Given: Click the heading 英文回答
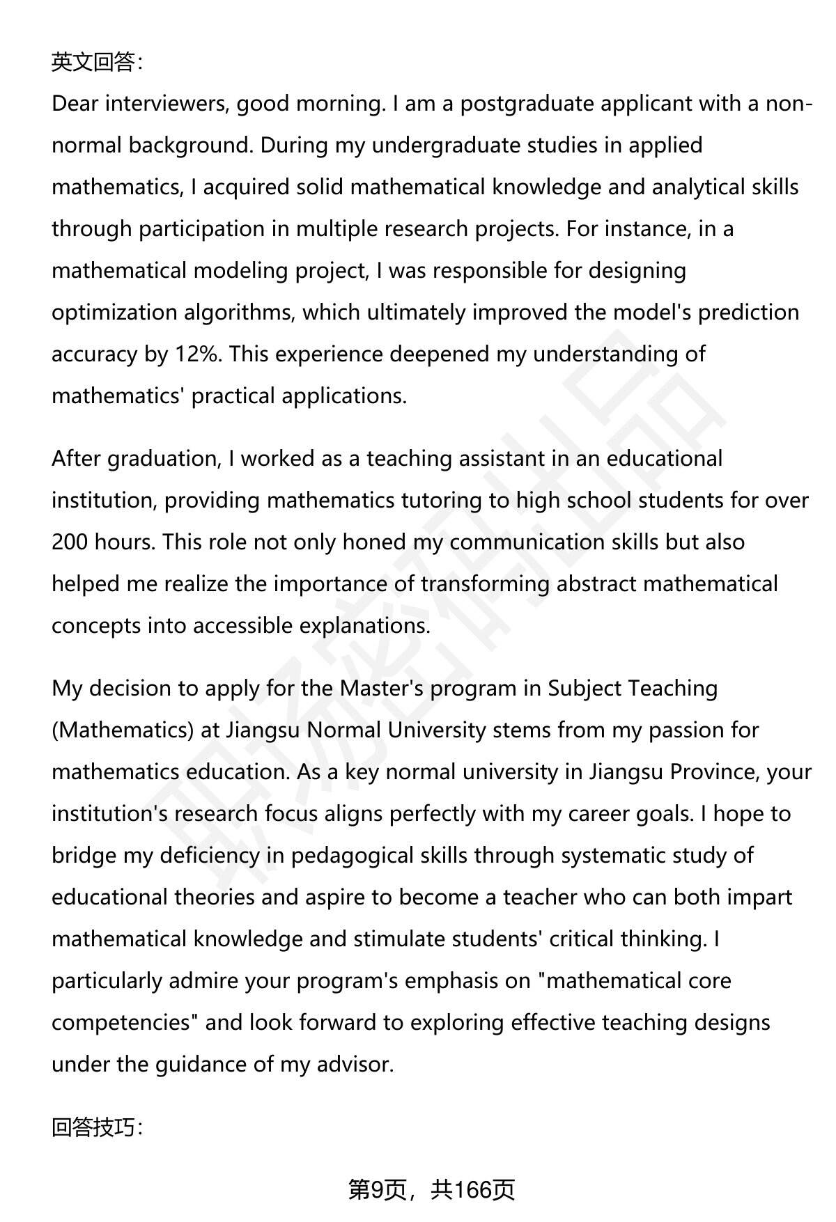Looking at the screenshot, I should coord(96,63).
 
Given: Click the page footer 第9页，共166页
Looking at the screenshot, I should coord(431,1190).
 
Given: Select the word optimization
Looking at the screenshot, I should coord(114,313).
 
